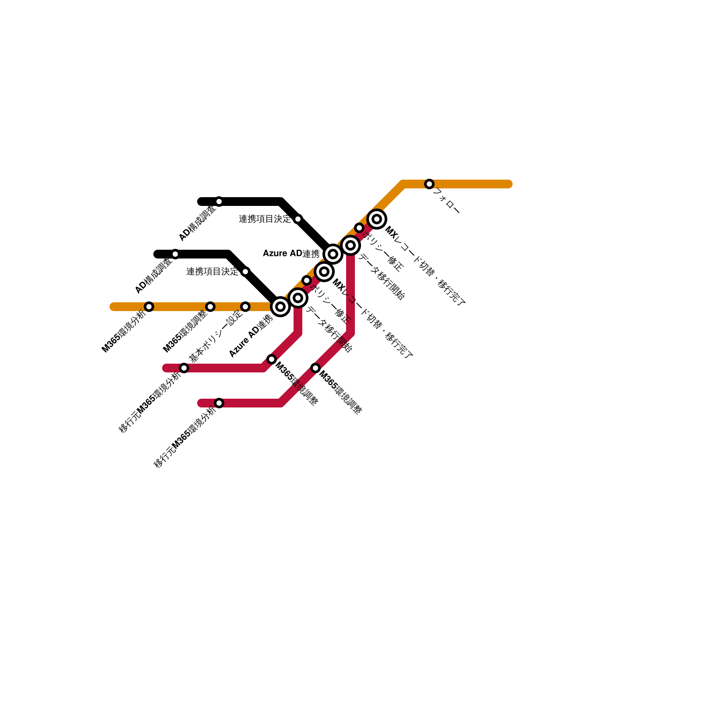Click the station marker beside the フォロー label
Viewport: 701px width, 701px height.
[429, 184]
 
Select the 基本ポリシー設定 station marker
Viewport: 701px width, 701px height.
[245, 307]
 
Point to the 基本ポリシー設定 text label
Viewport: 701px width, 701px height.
[216, 336]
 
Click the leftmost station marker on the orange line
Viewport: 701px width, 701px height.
[149, 307]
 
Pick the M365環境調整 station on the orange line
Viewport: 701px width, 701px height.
[210, 307]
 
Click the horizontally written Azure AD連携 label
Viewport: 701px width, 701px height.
[291, 254]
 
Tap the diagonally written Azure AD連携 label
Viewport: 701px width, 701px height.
[251, 336]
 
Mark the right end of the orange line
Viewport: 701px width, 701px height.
[509, 184]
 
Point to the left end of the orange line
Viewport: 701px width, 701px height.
[113, 307]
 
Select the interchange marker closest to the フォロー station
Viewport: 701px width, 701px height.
[377, 219]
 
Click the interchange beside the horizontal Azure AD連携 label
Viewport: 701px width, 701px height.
[333, 254]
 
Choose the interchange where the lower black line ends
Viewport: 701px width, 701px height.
[280, 307]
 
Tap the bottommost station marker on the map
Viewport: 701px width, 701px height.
[219, 403]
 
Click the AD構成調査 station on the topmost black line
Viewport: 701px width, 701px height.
[219, 202]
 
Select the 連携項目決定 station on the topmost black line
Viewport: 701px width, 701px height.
[298, 219]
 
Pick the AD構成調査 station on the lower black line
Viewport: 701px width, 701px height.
[175, 254]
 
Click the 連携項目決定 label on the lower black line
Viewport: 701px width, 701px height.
[212, 272]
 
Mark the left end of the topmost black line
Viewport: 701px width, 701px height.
[201, 202]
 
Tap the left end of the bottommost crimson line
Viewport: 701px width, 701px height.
[201, 403]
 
